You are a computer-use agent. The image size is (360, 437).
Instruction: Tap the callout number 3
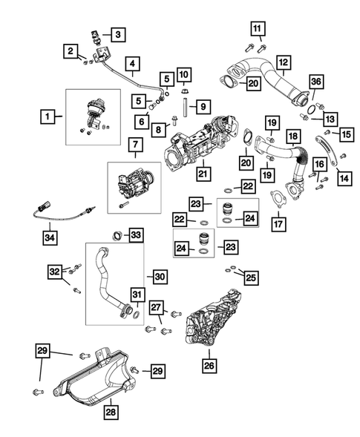tap(117, 33)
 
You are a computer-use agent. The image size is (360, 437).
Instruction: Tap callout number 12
tap(284, 62)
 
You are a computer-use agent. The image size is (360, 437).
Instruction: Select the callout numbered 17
tap(278, 222)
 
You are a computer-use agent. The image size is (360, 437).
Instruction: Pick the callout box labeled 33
tap(136, 234)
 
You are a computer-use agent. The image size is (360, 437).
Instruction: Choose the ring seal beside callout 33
tap(117, 237)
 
